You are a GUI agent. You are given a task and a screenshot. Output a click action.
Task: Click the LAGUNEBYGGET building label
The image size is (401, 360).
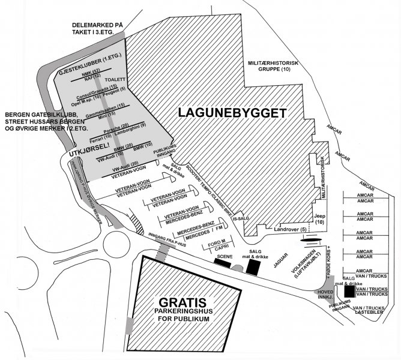point(231,112)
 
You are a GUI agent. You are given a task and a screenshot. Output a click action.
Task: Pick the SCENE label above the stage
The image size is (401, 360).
point(225,256)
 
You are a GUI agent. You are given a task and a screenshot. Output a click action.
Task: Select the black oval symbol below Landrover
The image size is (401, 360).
point(314,239)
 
